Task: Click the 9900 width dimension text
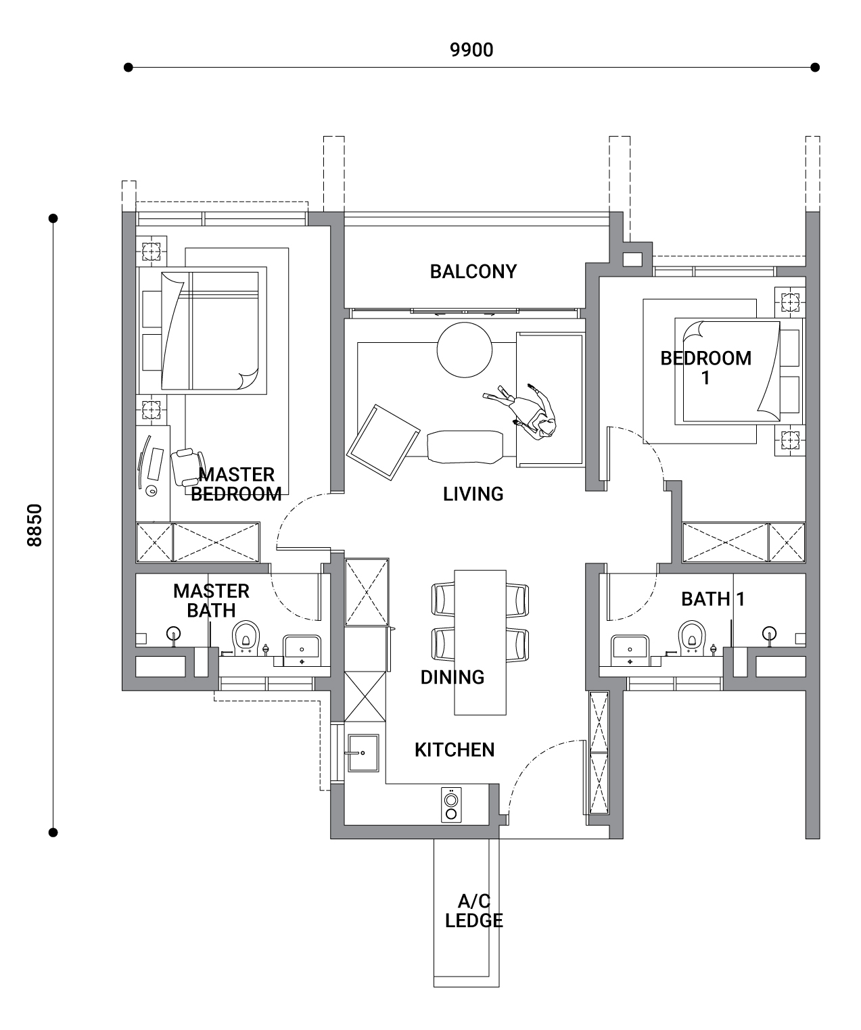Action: (x=471, y=50)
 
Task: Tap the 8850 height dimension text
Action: (x=34, y=525)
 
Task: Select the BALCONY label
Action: (x=473, y=271)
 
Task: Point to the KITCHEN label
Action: (x=455, y=750)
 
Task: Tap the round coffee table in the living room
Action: (x=464, y=350)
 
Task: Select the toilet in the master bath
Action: (x=246, y=638)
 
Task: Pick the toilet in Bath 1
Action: (x=692, y=638)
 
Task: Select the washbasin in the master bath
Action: (x=302, y=651)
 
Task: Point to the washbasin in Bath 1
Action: (x=630, y=651)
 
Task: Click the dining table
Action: (x=480, y=642)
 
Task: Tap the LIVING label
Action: (x=473, y=494)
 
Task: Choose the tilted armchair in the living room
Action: (x=383, y=442)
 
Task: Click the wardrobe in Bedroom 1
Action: (x=743, y=542)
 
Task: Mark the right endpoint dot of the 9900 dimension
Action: (x=815, y=67)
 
